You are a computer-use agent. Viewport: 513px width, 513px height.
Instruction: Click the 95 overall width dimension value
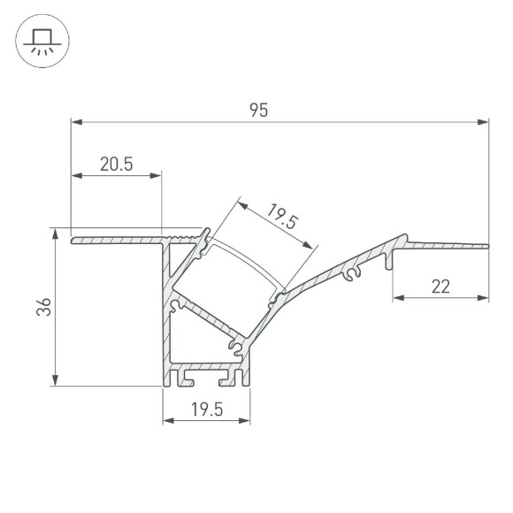click(x=258, y=110)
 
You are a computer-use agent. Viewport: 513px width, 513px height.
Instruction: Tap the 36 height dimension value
click(x=45, y=307)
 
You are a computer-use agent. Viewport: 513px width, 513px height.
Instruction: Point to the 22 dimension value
click(x=441, y=286)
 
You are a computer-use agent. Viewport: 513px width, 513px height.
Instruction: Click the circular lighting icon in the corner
click(x=40, y=40)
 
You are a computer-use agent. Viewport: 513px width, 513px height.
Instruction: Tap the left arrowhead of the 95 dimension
click(x=75, y=122)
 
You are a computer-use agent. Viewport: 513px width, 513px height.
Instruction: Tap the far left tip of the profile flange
click(x=73, y=239)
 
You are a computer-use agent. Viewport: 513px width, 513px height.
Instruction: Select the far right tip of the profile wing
click(x=487, y=243)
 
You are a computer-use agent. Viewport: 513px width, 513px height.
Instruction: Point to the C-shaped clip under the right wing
click(x=353, y=275)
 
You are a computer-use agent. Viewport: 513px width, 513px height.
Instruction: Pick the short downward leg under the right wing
click(x=390, y=260)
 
